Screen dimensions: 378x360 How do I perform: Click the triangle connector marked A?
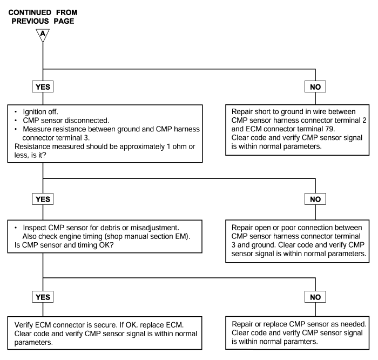[43, 34]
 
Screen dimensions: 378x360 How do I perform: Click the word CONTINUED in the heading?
[30, 12]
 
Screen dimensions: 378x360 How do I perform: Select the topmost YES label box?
[43, 86]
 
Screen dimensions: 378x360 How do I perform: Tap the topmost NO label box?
[315, 86]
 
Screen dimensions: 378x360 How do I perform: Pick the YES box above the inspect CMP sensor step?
[43, 199]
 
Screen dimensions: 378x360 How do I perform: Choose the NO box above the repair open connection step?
[315, 199]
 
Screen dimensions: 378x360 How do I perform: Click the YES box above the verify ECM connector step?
[43, 297]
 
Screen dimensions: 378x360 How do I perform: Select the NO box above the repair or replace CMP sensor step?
[315, 297]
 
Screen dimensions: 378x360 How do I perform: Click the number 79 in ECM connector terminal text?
[329, 129]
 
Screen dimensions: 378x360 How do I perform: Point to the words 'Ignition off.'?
[40, 112]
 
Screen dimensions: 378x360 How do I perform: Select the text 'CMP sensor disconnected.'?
[66, 121]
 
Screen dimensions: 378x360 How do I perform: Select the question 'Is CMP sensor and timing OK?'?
[64, 245]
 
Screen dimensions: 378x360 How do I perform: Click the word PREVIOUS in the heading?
[30, 21]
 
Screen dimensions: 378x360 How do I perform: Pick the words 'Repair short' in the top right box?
[249, 112]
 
